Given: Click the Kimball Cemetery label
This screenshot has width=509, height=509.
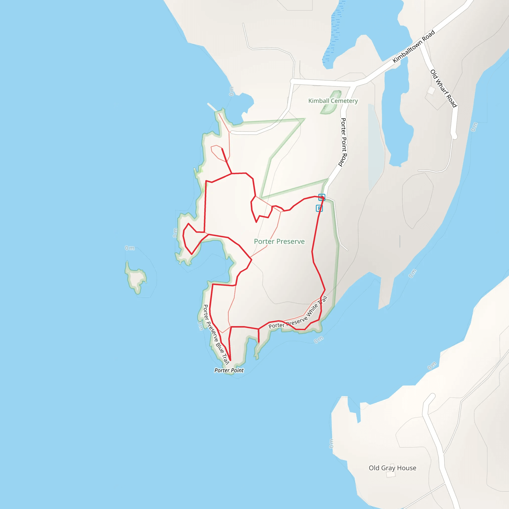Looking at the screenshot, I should (x=333, y=101).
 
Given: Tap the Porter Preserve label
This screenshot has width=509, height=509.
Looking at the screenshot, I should (x=279, y=241).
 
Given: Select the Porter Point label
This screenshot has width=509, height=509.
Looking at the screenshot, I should (x=229, y=370).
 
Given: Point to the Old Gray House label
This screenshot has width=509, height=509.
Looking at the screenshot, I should (x=392, y=468).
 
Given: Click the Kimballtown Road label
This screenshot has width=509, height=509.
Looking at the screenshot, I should (x=414, y=47).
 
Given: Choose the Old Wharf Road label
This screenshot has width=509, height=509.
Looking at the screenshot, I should (x=443, y=88).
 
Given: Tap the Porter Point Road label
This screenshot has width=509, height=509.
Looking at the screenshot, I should (x=343, y=142).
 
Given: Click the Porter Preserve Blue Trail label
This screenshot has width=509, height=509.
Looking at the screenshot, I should (x=216, y=335).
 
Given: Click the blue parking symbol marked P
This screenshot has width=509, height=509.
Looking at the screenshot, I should (x=319, y=208).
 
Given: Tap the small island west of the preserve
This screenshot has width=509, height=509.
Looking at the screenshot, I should (x=136, y=278).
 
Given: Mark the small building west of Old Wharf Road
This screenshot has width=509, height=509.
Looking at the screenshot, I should (x=431, y=90).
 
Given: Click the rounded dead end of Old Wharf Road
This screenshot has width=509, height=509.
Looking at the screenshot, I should (x=454, y=136).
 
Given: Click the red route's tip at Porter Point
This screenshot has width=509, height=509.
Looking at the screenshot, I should (x=230, y=360).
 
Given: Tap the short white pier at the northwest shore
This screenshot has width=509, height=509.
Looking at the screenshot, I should (x=212, y=107).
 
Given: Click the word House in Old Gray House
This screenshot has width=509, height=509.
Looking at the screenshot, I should (x=407, y=468).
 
